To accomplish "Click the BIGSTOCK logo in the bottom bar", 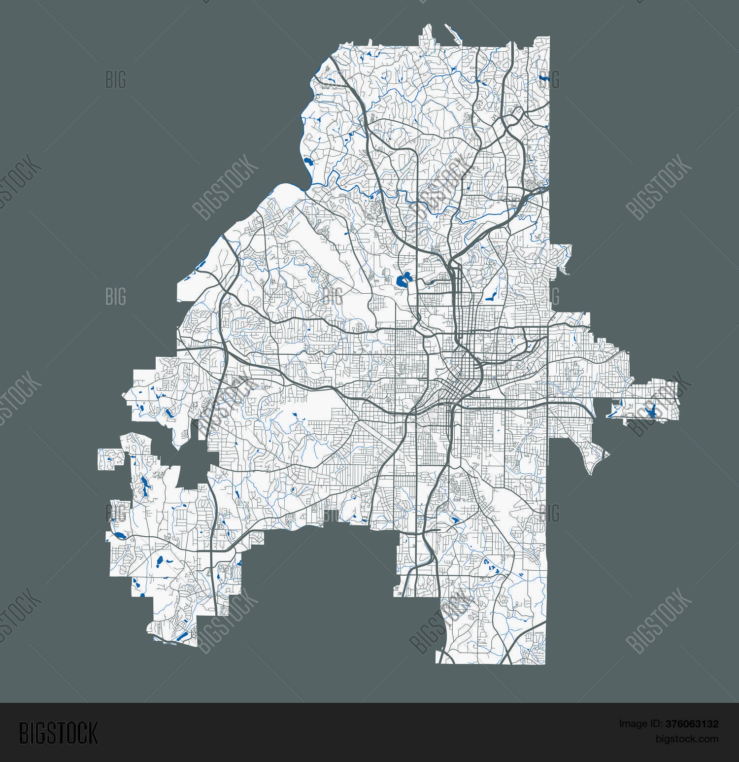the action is pos(59,733).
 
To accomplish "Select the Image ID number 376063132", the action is pos(692,724).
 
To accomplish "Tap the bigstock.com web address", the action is pos(687,739).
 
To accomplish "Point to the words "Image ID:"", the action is pos(640,724).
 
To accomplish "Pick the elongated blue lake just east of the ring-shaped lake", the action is pos(491,297).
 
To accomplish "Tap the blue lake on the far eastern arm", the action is pos(650,410).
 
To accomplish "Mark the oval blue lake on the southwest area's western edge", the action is pos(119,535).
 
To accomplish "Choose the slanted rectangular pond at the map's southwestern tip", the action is pos(182,636).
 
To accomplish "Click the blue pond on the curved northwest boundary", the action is pos(308,161).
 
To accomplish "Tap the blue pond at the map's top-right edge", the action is pos(543,77).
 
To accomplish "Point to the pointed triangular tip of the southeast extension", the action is pos(609,454).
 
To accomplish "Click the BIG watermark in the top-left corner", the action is pos(116,79).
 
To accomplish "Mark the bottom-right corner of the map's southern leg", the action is pos(544,663).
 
